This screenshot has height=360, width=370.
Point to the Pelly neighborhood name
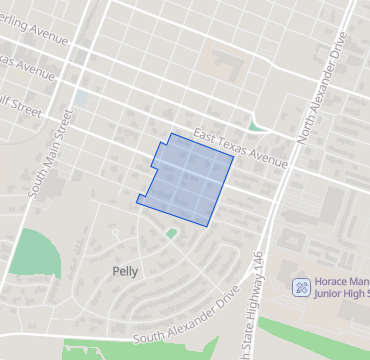126,271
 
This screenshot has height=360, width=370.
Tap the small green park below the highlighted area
171,233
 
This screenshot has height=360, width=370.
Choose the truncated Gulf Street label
22,109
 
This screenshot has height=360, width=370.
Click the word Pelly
126,271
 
